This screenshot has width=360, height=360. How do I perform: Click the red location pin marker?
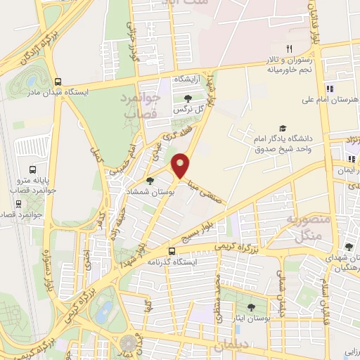(x=182, y=166)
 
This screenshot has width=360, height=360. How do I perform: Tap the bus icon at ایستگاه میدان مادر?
(x=58, y=81)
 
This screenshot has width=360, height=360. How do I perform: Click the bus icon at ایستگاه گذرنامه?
(x=172, y=250)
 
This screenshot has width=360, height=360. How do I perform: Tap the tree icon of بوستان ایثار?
(x=251, y=307)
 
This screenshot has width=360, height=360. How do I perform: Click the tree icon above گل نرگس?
(x=188, y=98)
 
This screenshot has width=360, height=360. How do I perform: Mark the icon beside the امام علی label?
(x=329, y=89)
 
